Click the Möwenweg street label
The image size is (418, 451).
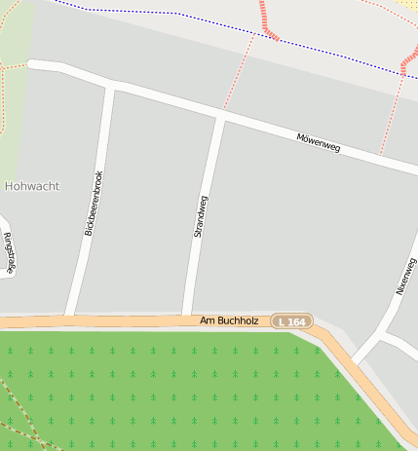click(318, 142)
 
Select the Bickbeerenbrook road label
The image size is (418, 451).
click(94, 204)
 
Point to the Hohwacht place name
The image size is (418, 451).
click(32, 185)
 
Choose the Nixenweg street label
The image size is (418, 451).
click(405, 276)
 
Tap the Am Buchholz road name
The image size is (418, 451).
click(229, 320)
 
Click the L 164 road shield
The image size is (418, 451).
click(292, 321)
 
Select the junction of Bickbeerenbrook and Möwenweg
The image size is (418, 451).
click(110, 87)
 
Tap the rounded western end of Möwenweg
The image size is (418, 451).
click(32, 64)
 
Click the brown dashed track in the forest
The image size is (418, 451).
click(24, 414)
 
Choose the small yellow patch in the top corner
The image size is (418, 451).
click(406, 5)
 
